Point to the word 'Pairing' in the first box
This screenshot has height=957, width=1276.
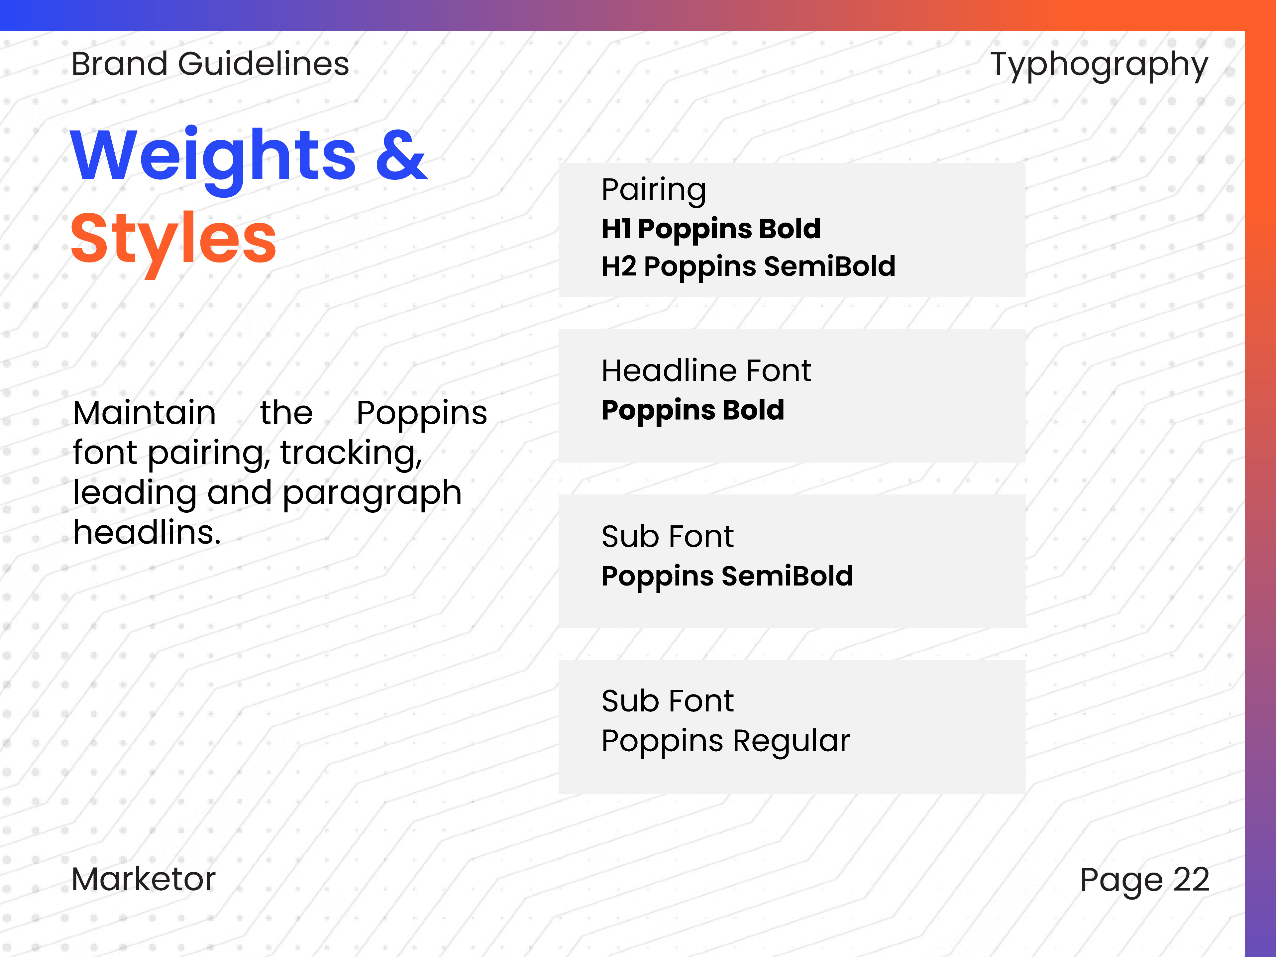(654, 191)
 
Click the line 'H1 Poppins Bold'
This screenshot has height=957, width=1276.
(711, 229)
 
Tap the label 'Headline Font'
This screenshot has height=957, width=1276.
(706, 371)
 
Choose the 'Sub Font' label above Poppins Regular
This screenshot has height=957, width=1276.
(668, 701)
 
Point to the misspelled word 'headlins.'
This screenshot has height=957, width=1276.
(147, 532)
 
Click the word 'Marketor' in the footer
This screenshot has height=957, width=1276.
(144, 880)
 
